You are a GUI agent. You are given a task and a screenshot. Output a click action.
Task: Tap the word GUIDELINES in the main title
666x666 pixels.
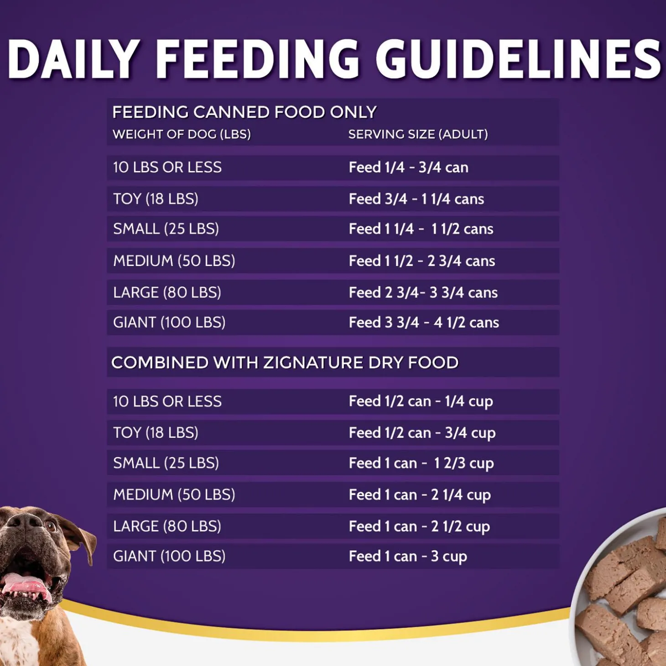point(518,59)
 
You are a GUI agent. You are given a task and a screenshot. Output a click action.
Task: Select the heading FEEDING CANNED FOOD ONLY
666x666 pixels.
point(245,112)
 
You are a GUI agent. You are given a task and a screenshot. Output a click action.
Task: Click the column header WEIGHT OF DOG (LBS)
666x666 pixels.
point(182,135)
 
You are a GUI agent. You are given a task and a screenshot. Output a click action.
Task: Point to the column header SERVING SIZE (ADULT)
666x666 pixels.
point(418,135)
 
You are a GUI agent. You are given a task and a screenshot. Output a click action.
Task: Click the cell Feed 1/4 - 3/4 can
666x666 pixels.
point(408,167)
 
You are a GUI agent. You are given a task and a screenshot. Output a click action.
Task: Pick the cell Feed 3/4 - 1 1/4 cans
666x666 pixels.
point(416,199)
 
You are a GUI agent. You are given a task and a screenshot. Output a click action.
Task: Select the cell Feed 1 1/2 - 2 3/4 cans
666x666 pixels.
point(421,261)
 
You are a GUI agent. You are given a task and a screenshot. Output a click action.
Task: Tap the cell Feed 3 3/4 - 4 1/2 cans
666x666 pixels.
point(423,323)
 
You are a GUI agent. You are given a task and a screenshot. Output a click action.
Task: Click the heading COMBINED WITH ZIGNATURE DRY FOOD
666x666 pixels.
point(285,363)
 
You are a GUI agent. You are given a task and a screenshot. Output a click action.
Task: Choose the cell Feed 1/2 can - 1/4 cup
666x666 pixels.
point(421,401)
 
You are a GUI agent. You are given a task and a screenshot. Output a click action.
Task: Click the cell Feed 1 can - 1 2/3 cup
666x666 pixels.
point(421,463)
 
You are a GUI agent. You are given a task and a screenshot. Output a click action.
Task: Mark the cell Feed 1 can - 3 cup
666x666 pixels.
point(407,557)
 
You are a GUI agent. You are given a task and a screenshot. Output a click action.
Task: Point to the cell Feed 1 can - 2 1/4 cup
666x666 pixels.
point(420,495)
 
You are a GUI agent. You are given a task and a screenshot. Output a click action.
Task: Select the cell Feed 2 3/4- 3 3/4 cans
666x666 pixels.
point(423,293)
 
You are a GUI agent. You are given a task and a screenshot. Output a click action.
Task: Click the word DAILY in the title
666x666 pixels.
point(73,59)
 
